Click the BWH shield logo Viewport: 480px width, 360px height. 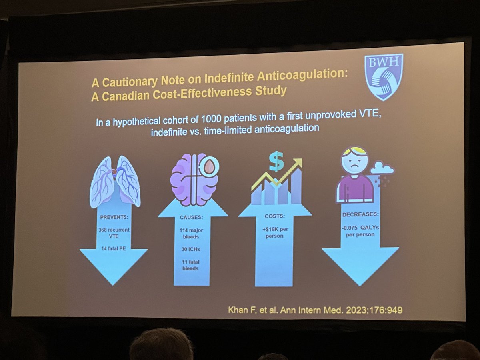coord(383,76)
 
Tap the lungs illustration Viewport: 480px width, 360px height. coord(115,180)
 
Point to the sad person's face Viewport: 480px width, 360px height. coord(354,162)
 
